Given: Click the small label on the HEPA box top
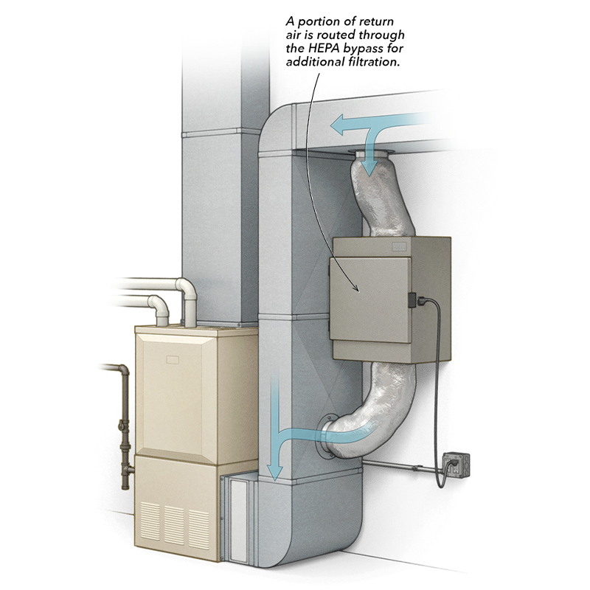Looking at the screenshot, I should (400, 243).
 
